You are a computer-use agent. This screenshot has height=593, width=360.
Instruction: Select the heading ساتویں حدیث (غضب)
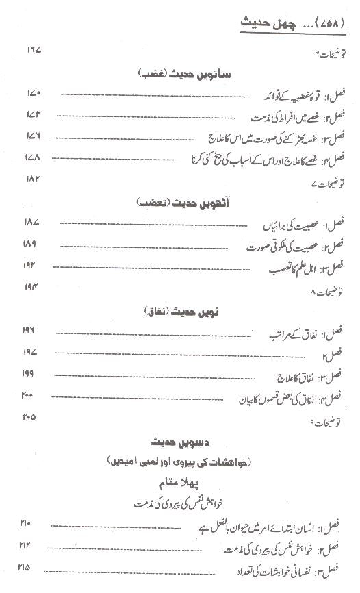(177, 73)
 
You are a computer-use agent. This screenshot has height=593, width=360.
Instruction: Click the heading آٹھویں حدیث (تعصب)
(177, 203)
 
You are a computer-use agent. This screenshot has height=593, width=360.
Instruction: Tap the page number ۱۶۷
(34, 51)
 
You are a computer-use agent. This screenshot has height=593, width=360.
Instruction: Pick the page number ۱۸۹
(34, 244)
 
